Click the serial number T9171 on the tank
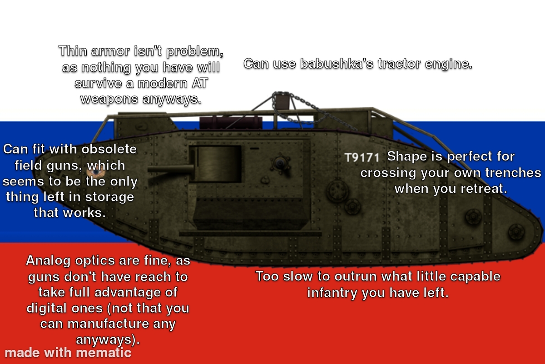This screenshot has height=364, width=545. [x=362, y=158]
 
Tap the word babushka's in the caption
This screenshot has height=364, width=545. [x=337, y=64]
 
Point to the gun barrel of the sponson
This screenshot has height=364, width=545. [x=171, y=169]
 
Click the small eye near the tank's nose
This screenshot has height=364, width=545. [x=96, y=172]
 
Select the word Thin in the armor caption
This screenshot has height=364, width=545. [x=73, y=51]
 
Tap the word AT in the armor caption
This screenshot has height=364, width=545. [x=200, y=83]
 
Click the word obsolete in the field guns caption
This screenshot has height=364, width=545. [x=109, y=149]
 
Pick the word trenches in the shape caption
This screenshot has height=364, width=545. [x=513, y=173]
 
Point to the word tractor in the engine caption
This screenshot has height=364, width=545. [x=399, y=64]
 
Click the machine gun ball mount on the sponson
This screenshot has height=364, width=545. [x=281, y=163]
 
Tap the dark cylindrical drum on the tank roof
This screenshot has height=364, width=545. [x=231, y=123]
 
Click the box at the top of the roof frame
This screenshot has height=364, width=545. [x=282, y=101]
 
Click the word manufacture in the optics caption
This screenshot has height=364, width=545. [x=108, y=324]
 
